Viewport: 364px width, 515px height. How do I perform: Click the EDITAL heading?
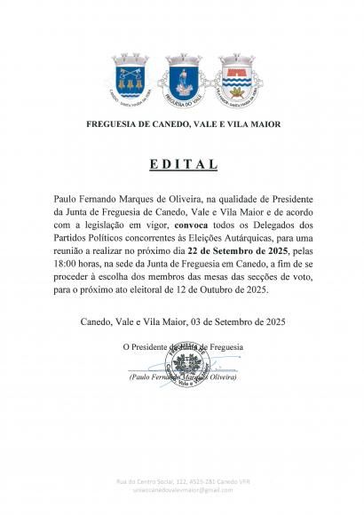click(182, 165)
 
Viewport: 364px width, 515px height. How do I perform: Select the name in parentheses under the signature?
click(182, 377)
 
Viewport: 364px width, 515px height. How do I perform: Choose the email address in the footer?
click(182, 489)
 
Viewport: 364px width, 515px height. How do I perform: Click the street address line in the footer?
click(182, 480)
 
